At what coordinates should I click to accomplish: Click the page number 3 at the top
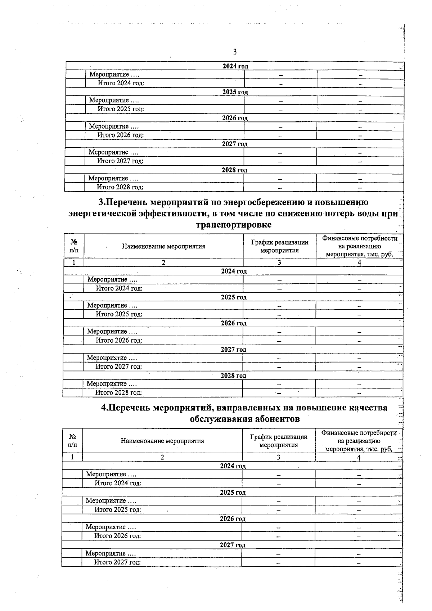point(235,52)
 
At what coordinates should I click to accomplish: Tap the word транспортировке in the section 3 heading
point(234,225)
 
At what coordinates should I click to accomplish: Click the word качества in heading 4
point(368,408)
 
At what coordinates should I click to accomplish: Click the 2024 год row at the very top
point(235,66)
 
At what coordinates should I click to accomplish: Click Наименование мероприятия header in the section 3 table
point(163,247)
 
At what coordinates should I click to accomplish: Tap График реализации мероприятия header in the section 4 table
point(279,441)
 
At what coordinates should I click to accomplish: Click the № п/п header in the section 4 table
point(72,441)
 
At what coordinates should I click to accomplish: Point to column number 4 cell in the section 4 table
point(359,457)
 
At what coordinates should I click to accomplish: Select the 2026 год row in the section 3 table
point(233,323)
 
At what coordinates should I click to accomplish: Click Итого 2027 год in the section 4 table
point(117,562)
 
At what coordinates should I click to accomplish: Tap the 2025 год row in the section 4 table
point(233,493)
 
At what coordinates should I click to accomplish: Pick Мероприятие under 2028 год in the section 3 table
point(112,384)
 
